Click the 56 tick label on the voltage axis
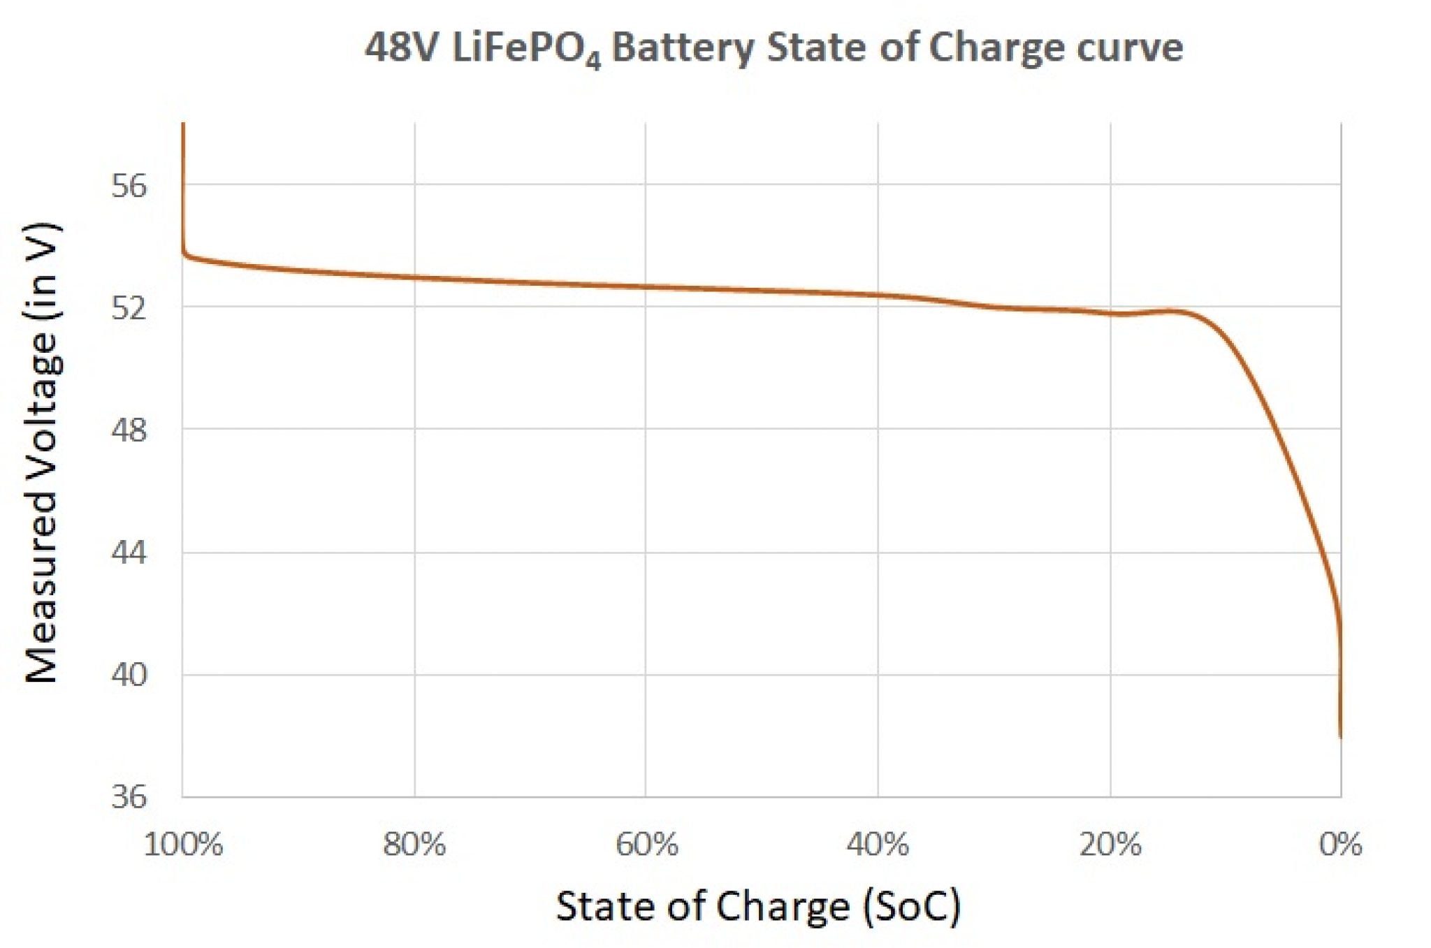pos(129,186)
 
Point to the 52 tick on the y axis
pos(129,307)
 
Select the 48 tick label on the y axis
pos(129,430)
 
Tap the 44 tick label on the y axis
pos(129,553)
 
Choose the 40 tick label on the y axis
pos(129,675)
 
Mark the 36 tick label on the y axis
pos(129,796)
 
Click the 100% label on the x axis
pos(183,845)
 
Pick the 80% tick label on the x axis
pos(414,845)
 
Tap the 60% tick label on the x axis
pos(646,845)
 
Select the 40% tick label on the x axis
pos(878,845)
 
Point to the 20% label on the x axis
pos(1110,845)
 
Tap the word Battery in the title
pos(683,49)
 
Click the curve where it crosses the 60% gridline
pos(646,286)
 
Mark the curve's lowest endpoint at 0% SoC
pos(1340,736)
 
